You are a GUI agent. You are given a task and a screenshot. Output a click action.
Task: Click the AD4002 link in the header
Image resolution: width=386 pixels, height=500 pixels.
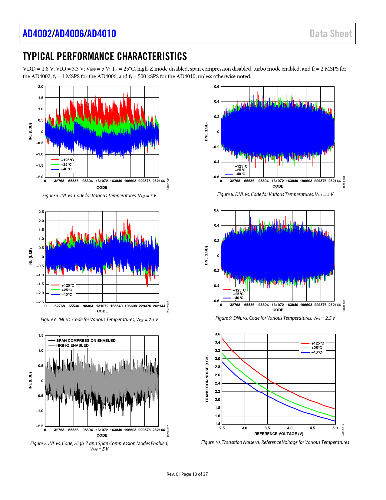(x=37, y=34)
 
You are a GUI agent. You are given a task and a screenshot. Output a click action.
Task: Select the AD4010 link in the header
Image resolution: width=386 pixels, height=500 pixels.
(x=101, y=34)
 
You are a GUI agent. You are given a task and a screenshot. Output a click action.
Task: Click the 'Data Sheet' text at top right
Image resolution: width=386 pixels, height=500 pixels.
(x=331, y=34)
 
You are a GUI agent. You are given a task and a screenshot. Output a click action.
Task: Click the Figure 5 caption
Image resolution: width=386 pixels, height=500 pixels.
(x=99, y=196)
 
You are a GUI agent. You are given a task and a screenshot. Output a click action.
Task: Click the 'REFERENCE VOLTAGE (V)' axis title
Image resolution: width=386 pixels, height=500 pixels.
(x=279, y=434)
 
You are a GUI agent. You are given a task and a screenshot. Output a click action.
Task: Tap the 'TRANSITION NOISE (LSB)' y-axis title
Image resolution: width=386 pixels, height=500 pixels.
(x=207, y=379)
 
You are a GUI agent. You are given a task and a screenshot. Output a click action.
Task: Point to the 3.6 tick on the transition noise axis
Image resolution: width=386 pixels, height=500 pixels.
(x=217, y=334)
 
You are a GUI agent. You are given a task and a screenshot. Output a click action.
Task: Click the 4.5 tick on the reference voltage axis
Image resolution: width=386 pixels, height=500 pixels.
(x=312, y=428)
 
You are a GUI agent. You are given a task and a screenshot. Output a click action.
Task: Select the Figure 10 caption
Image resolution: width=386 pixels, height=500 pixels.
(x=275, y=442)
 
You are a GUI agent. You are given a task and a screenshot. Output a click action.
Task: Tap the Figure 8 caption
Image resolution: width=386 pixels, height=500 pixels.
(x=275, y=195)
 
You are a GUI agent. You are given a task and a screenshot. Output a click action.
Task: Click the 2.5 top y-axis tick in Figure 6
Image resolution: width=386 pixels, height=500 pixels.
(x=41, y=212)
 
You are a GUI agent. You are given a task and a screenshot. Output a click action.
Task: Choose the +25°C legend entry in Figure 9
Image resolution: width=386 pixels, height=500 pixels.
(x=238, y=294)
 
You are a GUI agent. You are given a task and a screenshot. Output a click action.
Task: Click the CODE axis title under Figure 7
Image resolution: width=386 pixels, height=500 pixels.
(x=102, y=435)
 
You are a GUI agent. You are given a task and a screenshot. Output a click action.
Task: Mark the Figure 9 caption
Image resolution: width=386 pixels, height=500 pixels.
(x=275, y=318)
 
